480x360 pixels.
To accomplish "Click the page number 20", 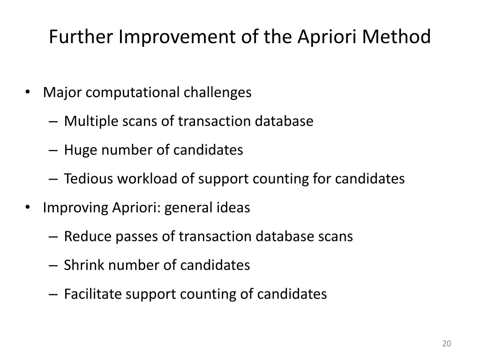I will pos(446,344).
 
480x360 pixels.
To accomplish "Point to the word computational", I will pos(133,92).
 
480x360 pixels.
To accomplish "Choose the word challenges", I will pos(217,92).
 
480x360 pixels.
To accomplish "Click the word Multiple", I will pos(91,121).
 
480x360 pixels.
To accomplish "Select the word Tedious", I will pos(88,179).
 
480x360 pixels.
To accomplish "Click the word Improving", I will pos(75,208).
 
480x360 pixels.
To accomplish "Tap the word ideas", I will pos(233,208).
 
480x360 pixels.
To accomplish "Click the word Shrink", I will pos(84,265).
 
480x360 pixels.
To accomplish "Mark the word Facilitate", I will pos(92,294).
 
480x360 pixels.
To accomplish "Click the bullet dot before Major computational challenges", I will pos(29,92).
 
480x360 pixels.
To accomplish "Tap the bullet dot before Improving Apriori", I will pos(29,207).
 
